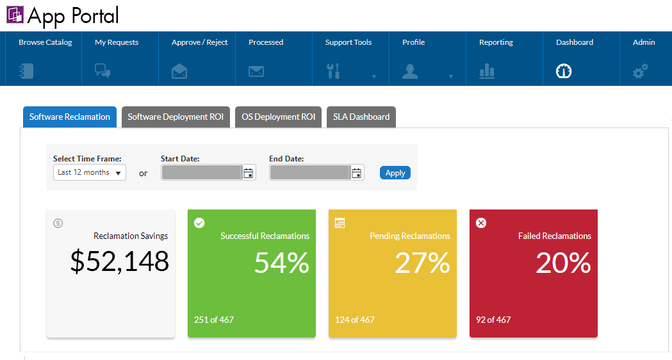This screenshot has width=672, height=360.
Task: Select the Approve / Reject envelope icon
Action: (179, 71)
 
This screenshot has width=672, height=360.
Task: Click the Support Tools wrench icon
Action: (333, 71)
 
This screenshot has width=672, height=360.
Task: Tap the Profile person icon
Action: (410, 71)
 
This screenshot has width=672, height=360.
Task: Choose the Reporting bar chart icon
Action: (487, 71)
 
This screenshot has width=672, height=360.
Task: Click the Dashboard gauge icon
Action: (564, 71)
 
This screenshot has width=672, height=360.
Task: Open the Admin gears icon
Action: (641, 71)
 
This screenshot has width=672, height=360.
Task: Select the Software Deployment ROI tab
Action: (176, 117)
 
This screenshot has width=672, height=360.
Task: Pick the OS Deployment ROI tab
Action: (278, 117)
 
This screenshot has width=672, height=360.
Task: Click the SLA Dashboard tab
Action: (361, 117)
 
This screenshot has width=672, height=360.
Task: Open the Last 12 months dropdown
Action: (90, 172)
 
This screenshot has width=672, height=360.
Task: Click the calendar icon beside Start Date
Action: (249, 172)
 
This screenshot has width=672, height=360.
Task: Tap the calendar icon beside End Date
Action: (357, 172)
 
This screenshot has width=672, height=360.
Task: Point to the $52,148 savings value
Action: (119, 261)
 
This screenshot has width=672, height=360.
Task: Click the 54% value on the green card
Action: (281, 263)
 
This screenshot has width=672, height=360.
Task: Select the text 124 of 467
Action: (354, 320)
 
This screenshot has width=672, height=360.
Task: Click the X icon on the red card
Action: (481, 222)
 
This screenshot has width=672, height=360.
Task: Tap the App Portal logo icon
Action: (15, 14)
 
